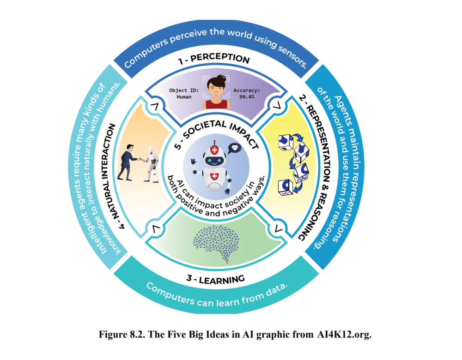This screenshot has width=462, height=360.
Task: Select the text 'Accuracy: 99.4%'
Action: (246, 94)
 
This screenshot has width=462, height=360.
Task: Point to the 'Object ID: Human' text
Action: (184, 94)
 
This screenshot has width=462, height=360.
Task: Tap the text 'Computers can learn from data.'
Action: (217, 294)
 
